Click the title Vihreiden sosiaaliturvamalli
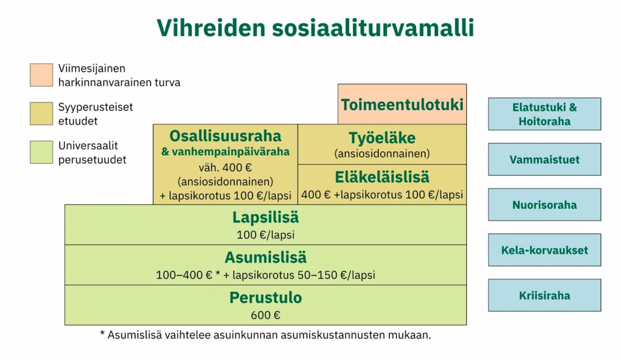(x=315, y=28)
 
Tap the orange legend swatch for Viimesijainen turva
(x=41, y=75)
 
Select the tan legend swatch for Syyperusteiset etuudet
(x=41, y=114)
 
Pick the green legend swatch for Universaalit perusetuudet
(x=41, y=152)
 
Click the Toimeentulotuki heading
(x=402, y=104)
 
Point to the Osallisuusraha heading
(x=225, y=136)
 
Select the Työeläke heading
(x=382, y=138)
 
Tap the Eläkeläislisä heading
(x=382, y=177)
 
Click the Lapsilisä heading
(x=265, y=217)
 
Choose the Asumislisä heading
(x=265, y=258)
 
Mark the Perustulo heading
(x=265, y=298)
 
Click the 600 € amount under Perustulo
(x=265, y=315)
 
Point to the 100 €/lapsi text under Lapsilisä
(x=265, y=235)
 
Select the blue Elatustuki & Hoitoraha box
(x=544, y=114)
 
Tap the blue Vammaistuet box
(x=544, y=159)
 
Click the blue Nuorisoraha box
(x=544, y=205)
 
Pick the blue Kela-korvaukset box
(x=544, y=250)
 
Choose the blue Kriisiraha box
(x=544, y=295)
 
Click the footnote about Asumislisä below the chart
(x=265, y=335)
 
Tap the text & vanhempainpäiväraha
(x=225, y=152)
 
